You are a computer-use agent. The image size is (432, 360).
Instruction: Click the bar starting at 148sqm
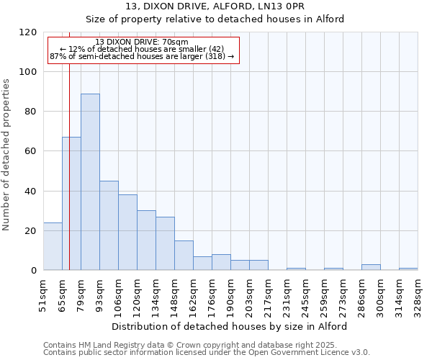click(184, 256)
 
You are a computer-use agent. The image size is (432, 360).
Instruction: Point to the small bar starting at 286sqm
click(371, 267)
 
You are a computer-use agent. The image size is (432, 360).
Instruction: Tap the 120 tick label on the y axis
click(28, 32)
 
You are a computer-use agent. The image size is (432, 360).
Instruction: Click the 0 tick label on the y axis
click(34, 271)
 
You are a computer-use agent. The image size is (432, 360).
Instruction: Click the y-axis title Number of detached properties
click(7, 155)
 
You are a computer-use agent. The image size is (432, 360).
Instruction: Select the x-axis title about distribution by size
click(230, 326)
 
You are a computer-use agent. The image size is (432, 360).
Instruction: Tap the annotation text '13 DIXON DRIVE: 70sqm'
click(142, 42)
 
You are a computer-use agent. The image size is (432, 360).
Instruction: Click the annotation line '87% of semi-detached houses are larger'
click(142, 56)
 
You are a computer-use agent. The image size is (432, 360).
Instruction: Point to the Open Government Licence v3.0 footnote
click(207, 352)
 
